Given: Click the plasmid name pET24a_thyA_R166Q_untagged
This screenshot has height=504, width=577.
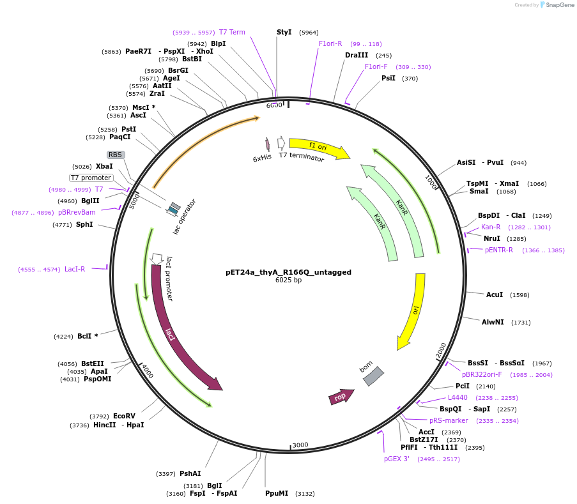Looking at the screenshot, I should [288, 272].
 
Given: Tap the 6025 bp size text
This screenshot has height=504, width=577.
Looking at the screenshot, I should [288, 280].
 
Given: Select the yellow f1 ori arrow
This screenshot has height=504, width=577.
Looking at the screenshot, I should [318, 148].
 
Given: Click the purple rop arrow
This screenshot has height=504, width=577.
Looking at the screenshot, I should [341, 397].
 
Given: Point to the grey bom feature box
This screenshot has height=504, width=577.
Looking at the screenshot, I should [373, 376].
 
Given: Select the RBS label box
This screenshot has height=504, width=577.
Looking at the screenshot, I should [115, 155].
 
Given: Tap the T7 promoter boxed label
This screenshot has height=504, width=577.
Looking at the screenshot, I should [91, 178].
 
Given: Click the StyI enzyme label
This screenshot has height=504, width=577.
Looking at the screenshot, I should [284, 32].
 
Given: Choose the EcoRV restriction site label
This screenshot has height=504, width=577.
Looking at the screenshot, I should [124, 416].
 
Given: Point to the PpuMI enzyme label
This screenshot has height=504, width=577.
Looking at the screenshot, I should [277, 493].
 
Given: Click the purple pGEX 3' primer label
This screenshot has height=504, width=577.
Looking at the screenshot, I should [396, 459].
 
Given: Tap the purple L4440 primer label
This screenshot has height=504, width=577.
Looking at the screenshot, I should [457, 397].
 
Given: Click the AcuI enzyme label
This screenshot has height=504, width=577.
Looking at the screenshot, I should [494, 294].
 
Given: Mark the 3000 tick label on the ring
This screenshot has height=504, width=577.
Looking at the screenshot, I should [300, 445].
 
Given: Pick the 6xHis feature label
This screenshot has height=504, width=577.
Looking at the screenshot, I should [262, 158].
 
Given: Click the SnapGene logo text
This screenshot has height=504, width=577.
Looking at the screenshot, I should [560, 5].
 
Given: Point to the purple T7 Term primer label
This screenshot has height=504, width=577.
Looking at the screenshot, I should [232, 32].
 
